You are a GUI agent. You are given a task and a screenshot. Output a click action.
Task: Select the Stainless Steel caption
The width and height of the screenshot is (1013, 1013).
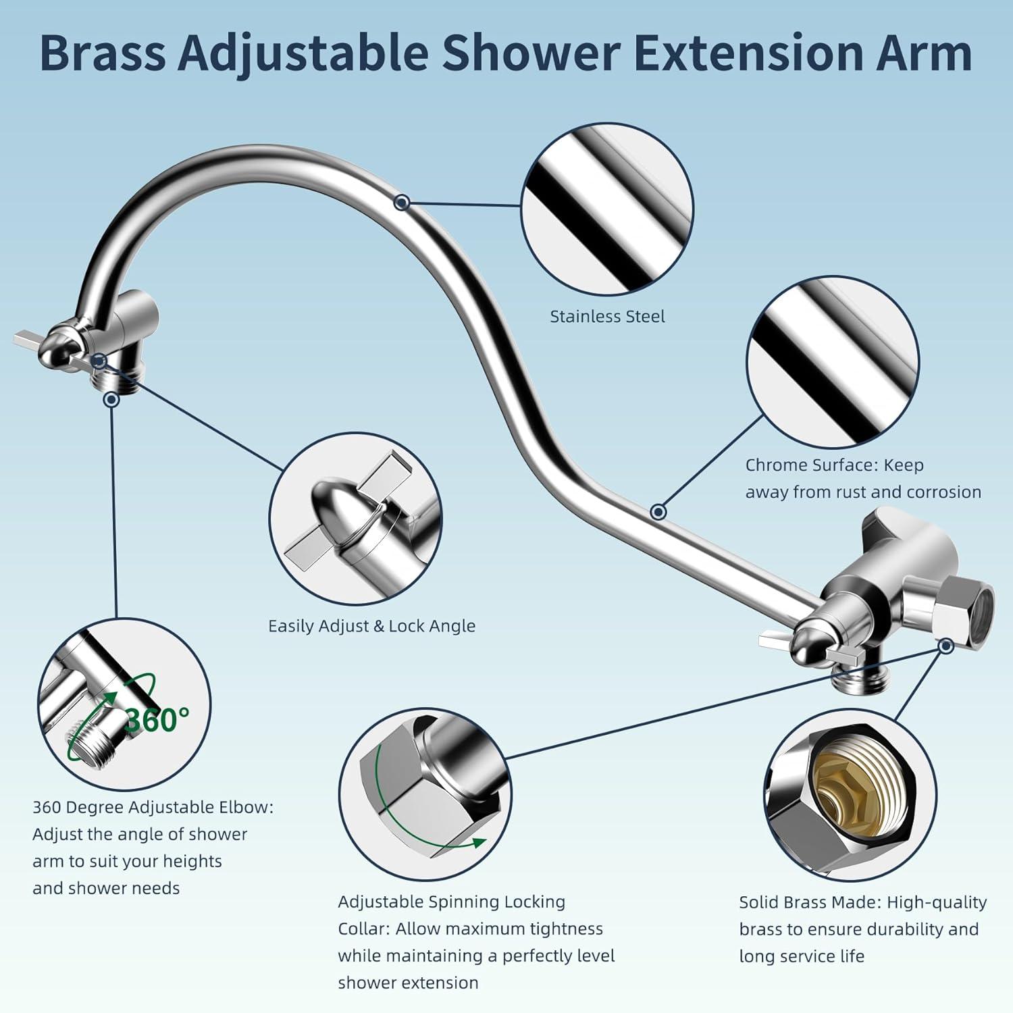pos(607,317)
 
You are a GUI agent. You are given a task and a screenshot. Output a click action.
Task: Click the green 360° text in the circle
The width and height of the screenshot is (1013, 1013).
pos(157,721)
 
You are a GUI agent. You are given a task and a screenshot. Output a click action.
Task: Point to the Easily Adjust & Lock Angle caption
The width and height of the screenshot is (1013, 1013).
pos(371,627)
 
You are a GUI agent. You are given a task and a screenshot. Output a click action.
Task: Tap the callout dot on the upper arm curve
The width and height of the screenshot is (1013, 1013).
pos(402,202)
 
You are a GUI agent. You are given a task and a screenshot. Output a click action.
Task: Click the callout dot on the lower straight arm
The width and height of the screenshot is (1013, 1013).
pos(658,512)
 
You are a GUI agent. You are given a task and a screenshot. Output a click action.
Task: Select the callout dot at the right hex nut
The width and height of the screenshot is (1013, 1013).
pos(946,646)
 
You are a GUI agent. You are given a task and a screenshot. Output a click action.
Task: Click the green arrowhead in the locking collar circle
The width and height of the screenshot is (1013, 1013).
pos(478,842)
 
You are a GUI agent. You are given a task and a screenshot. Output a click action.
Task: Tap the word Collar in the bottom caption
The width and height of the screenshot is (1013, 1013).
pos(363,929)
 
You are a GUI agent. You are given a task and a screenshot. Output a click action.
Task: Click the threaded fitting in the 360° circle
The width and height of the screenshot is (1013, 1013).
pos(91,742)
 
